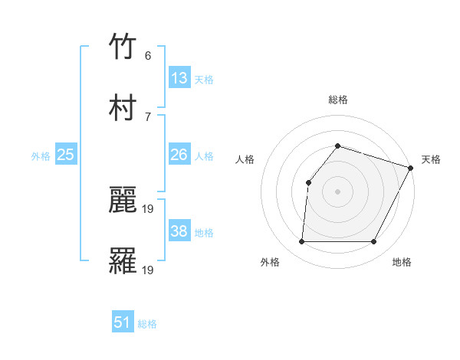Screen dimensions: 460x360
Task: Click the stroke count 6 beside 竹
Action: pyautogui.click(x=148, y=56)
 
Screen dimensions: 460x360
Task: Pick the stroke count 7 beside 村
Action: pyautogui.click(x=148, y=116)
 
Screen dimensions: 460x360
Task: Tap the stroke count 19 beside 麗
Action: pyautogui.click(x=149, y=208)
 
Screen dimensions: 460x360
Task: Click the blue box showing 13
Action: pyautogui.click(x=179, y=78)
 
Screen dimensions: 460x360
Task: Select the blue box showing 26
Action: pyautogui.click(x=179, y=155)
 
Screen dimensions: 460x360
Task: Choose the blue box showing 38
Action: pyautogui.click(x=179, y=231)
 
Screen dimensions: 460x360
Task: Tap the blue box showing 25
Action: pyautogui.click(x=66, y=155)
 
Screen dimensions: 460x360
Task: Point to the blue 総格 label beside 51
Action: pyautogui.click(x=147, y=324)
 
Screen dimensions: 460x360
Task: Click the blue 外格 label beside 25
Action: pyautogui.click(x=41, y=156)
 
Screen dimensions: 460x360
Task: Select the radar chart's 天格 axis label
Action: pyautogui.click(x=431, y=159)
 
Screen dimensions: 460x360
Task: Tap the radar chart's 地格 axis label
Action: pyautogui.click(x=402, y=263)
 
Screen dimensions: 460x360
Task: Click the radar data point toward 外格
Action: pyautogui.click(x=301, y=242)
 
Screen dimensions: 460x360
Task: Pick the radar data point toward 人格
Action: pyautogui.click(x=308, y=182)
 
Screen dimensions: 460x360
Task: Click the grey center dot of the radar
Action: pyautogui.click(x=337, y=191)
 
